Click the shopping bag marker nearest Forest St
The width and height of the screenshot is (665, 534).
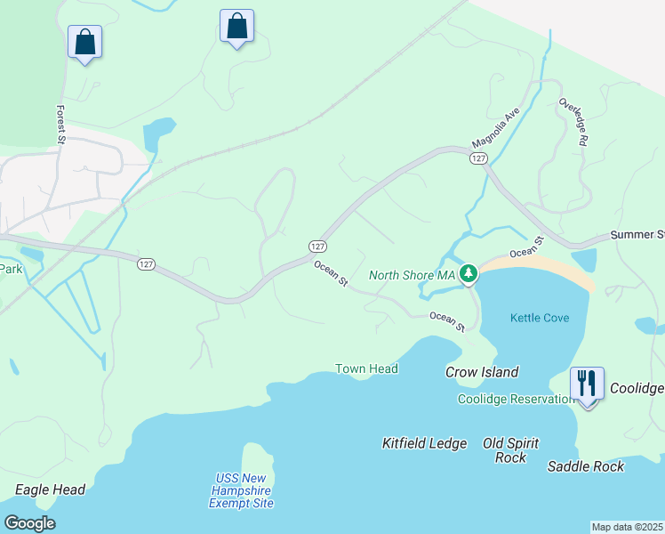[x=84, y=42]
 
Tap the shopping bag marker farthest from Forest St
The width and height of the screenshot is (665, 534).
[x=236, y=26]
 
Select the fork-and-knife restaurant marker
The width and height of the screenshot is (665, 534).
[x=587, y=384]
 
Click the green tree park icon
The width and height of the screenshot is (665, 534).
[x=469, y=276]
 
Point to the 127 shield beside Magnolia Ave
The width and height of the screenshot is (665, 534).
[x=478, y=158]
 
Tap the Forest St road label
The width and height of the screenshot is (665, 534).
[x=61, y=125]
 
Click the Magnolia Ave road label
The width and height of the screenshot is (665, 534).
[x=495, y=129]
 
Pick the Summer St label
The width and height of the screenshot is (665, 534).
[x=637, y=235]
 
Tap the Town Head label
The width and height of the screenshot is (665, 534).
[x=366, y=368]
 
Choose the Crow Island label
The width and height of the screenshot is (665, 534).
[x=482, y=372]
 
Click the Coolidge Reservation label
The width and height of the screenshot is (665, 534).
[x=516, y=399]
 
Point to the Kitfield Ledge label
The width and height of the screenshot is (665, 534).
[x=424, y=442]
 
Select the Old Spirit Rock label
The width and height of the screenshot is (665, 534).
[x=510, y=450]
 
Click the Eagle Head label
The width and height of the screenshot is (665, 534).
[x=50, y=489]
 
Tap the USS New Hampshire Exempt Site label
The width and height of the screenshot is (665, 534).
[x=241, y=490]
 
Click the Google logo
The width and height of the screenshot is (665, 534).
[x=29, y=523]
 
